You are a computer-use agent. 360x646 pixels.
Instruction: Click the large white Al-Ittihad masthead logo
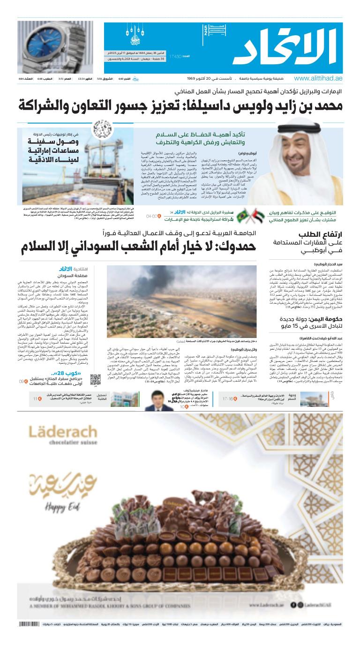(286, 46)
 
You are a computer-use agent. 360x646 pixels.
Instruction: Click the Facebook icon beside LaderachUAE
(293, 605)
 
